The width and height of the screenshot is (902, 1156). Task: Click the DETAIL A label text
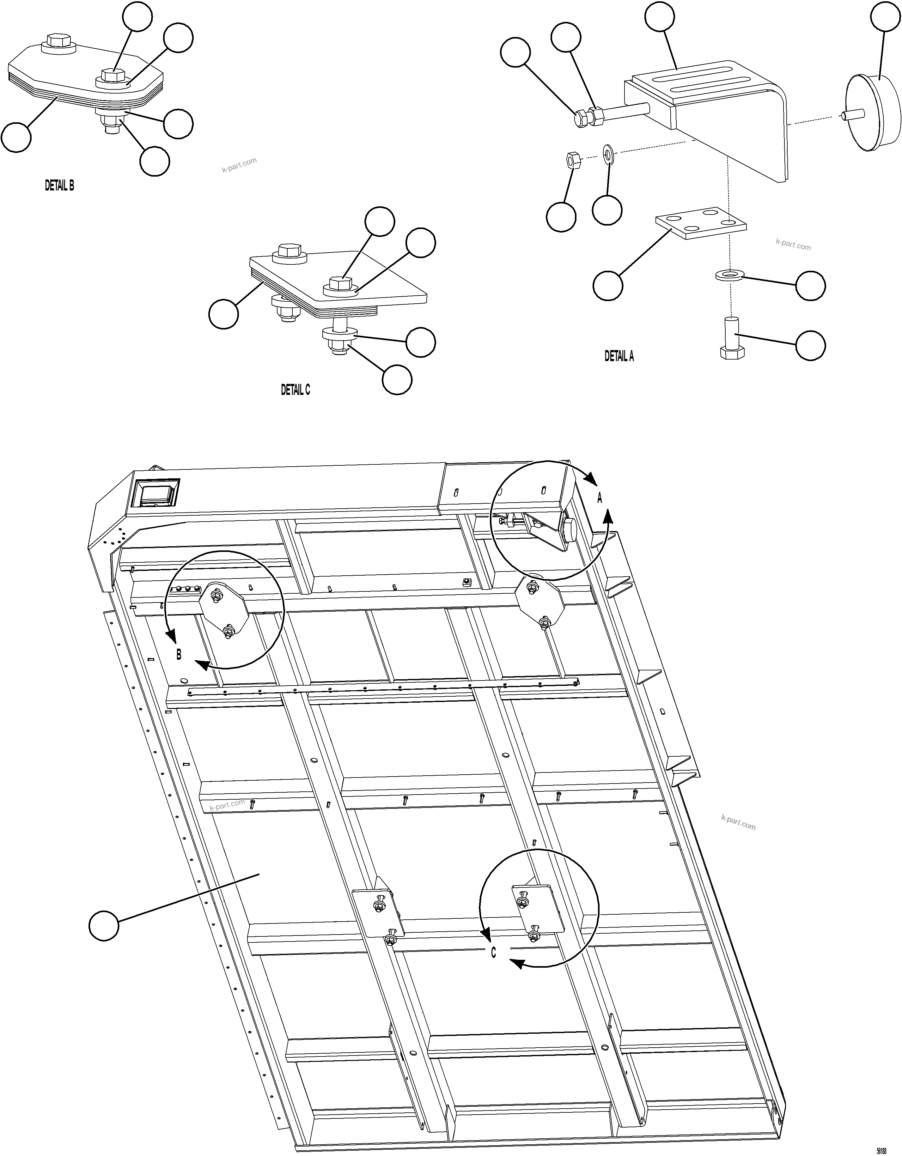point(619,356)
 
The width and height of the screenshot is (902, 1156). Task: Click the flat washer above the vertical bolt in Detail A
point(729,275)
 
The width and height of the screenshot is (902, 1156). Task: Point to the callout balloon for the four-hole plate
point(608,286)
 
